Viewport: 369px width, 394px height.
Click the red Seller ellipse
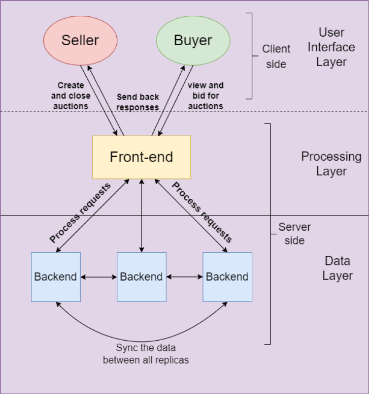(80, 41)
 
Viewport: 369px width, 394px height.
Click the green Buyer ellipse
(193, 41)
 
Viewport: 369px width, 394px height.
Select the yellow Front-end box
(142, 157)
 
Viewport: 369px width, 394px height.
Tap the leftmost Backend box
(55, 277)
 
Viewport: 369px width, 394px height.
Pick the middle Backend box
(141, 277)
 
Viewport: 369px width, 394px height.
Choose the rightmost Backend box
(227, 277)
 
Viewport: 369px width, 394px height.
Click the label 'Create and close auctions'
(71, 96)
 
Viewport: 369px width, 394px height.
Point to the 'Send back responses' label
(138, 102)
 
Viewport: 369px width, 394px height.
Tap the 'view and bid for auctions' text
(205, 96)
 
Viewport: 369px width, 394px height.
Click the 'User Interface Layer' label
(331, 47)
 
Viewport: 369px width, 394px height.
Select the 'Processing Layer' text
(331, 164)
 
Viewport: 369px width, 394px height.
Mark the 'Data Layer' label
(338, 268)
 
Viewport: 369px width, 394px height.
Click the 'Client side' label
(276, 56)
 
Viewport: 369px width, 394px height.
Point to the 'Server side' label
(294, 233)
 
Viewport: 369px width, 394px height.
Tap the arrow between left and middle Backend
(98, 277)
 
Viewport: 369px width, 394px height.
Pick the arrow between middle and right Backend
(184, 277)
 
